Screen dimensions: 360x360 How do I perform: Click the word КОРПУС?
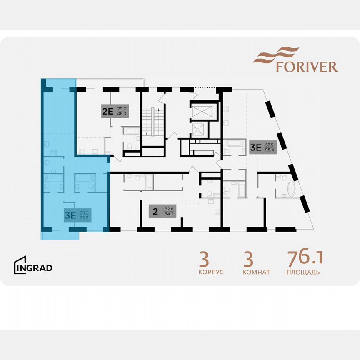pos(211,272)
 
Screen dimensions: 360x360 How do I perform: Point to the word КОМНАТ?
pos(256,272)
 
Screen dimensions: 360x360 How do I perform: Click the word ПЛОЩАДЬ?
pos(303,272)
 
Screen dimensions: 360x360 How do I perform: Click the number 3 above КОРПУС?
pos(204,259)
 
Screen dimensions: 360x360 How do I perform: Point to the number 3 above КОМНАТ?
pos(248,259)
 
